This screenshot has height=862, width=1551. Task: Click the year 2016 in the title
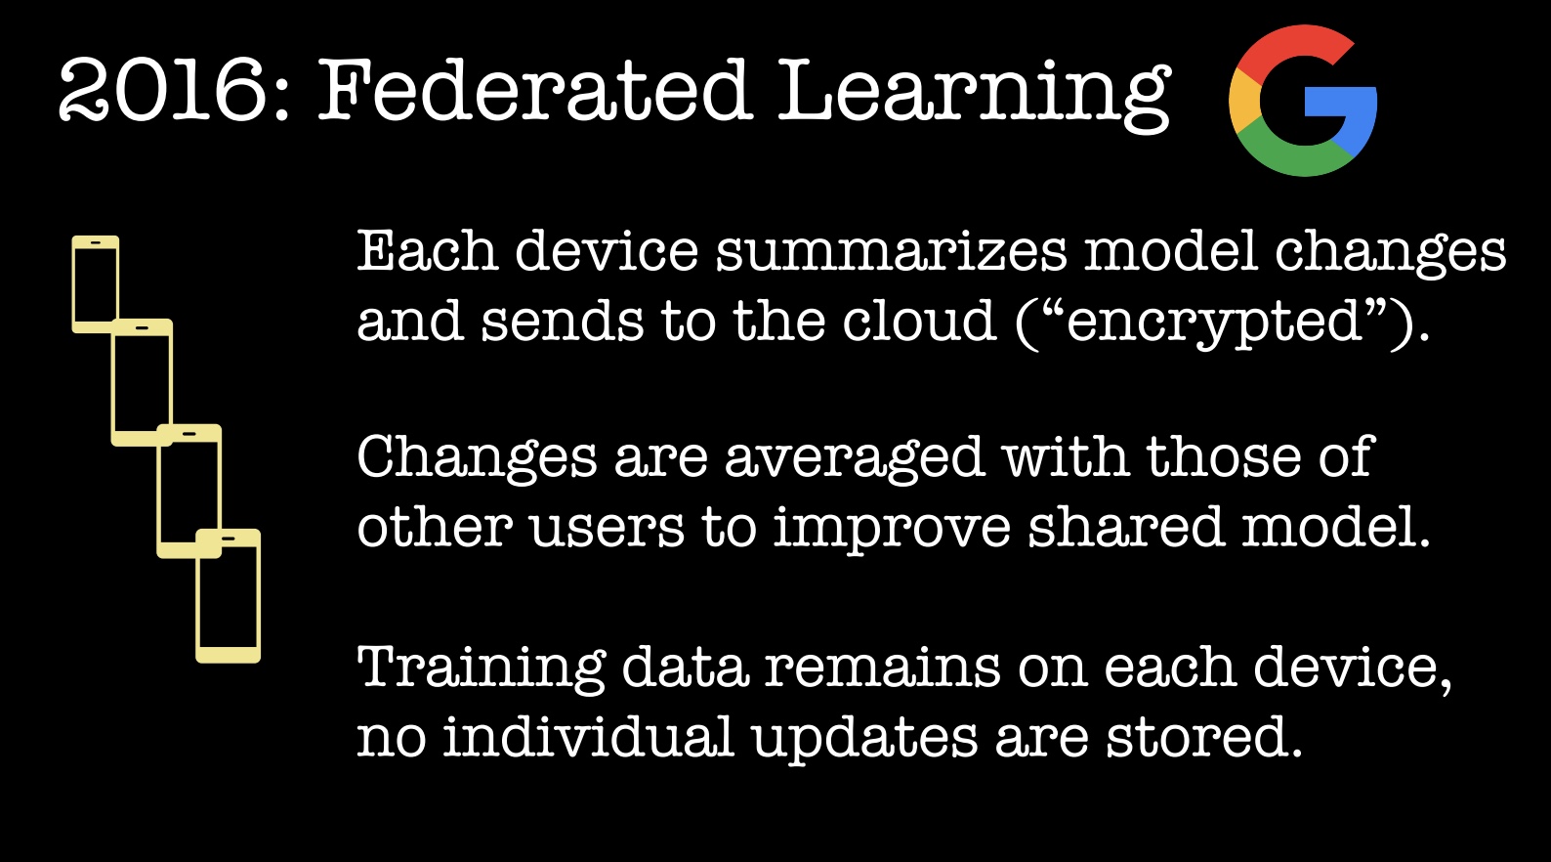(163, 90)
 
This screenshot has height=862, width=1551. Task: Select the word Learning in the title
(974, 95)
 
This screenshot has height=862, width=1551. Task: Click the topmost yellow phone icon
(96, 284)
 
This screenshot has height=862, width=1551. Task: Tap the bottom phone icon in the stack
(229, 596)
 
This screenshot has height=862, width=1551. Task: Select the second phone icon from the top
(142, 382)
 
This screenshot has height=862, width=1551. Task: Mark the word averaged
(855, 458)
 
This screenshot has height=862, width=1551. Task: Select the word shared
(1126, 527)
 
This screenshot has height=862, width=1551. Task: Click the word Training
(482, 668)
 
